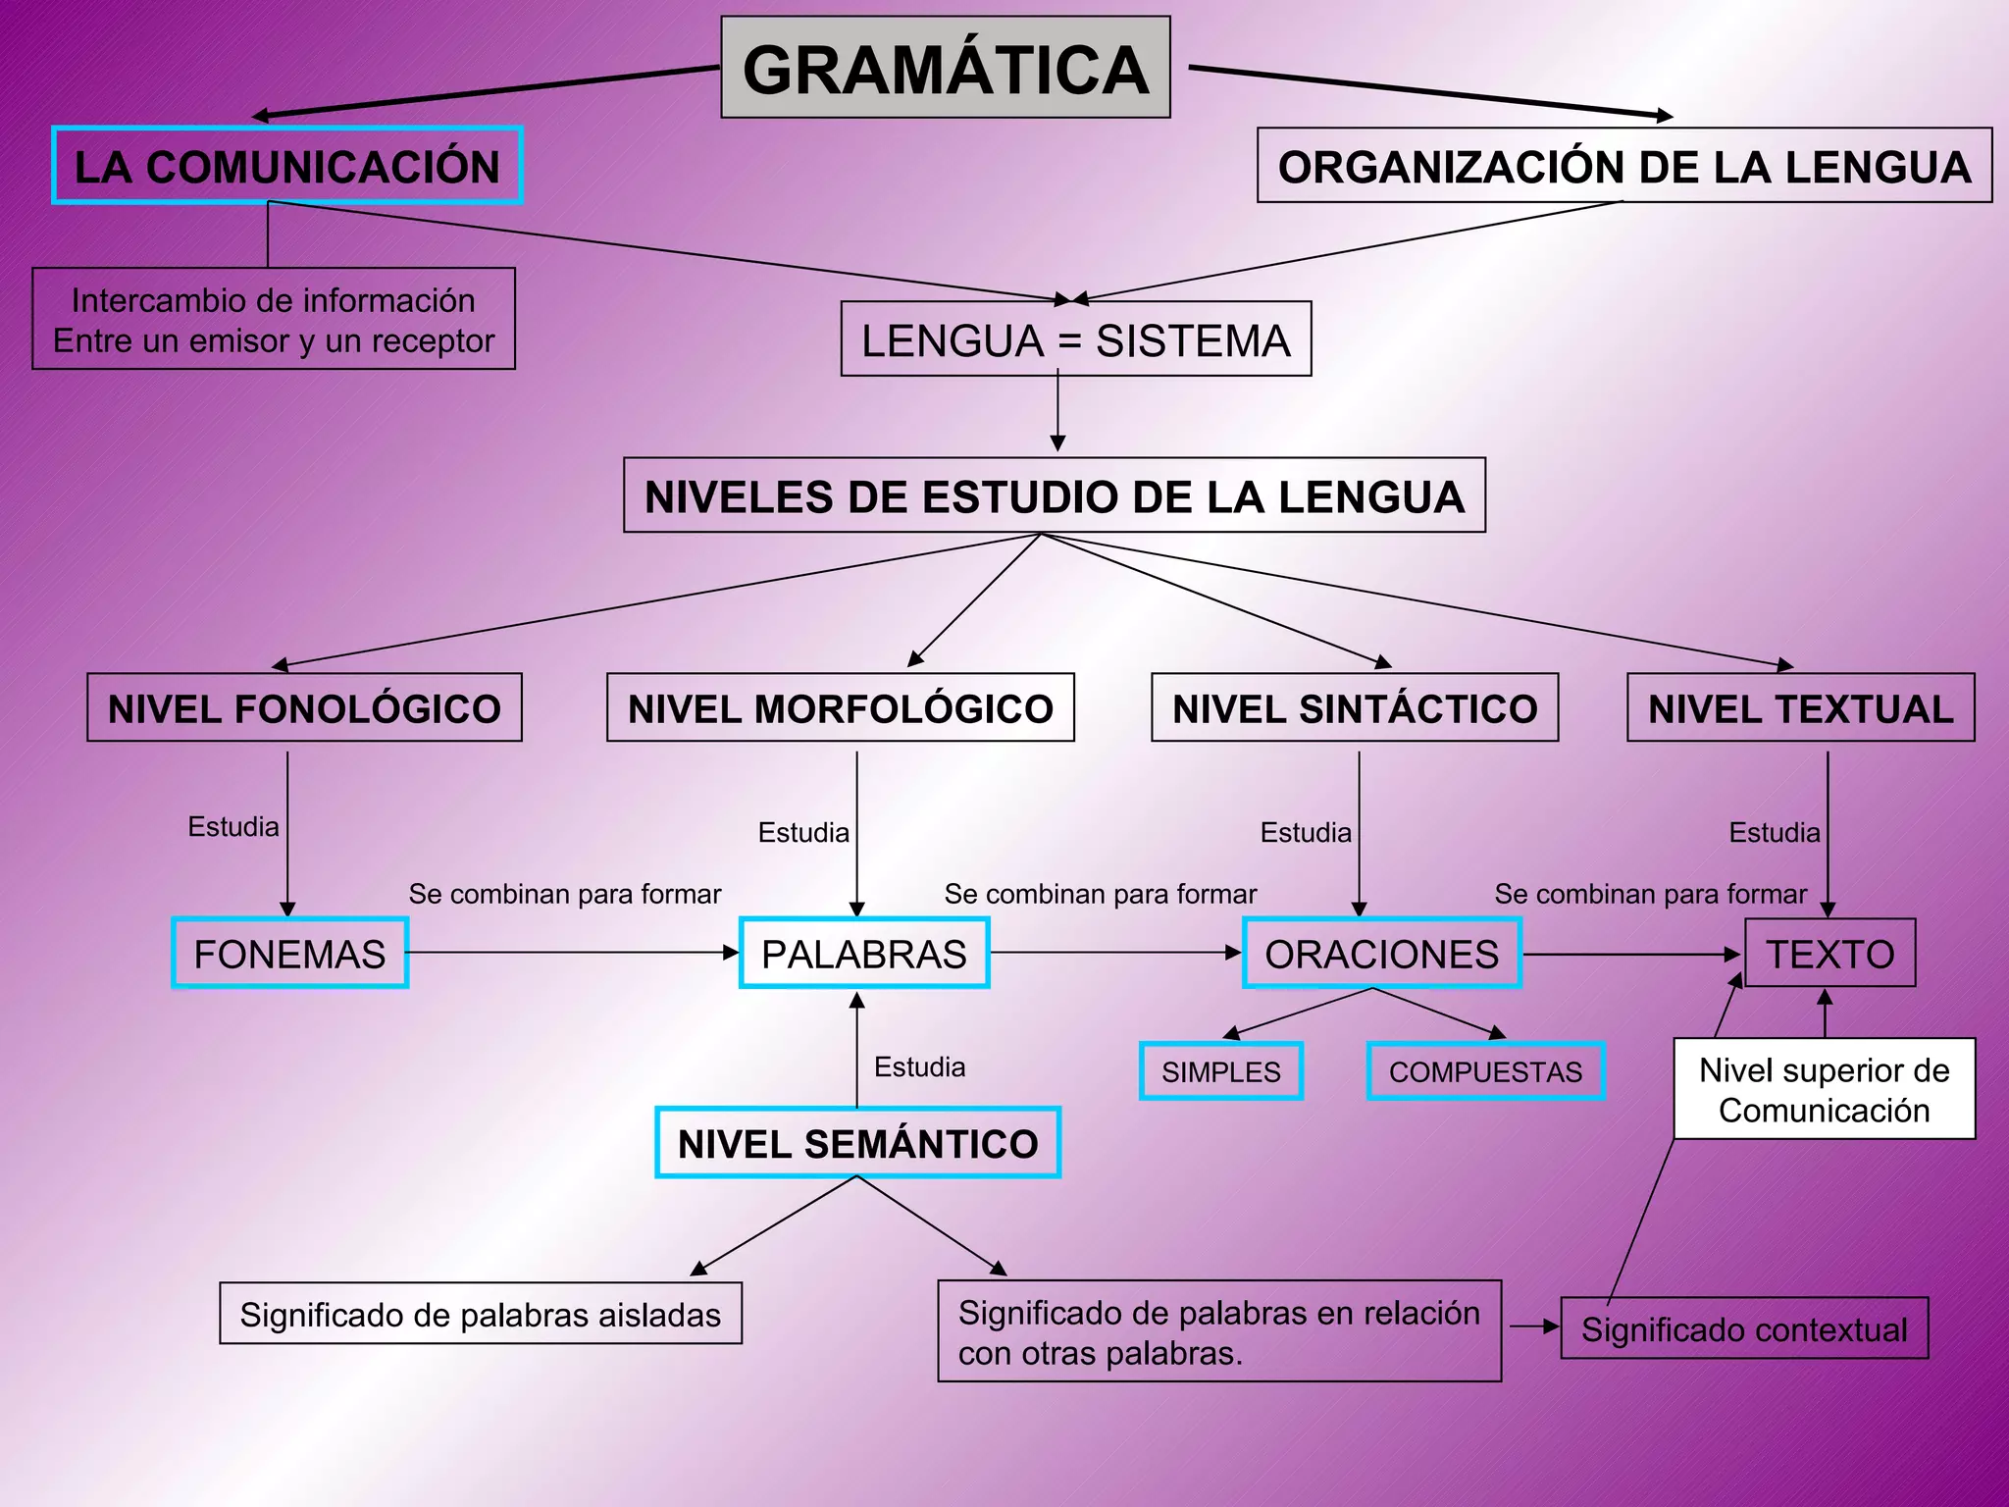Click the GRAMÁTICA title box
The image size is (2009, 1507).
(x=946, y=68)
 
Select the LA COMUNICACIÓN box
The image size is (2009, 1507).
(x=287, y=166)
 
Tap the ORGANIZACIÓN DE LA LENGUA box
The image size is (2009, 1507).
(x=1623, y=166)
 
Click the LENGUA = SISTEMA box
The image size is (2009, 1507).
(x=1076, y=339)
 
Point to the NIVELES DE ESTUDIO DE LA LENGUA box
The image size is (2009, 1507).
(x=1055, y=495)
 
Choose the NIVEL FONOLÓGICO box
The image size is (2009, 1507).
(x=304, y=707)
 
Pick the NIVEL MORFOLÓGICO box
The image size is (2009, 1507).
(x=841, y=707)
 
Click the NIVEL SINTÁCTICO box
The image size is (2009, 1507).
(x=1355, y=707)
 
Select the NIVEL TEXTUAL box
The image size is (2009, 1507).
(x=1800, y=707)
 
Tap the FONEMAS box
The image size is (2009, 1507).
(x=289, y=953)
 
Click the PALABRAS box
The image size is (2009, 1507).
(x=864, y=953)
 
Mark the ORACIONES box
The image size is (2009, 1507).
(x=1381, y=953)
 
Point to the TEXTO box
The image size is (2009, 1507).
(x=1829, y=953)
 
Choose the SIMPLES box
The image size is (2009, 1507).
(x=1221, y=1071)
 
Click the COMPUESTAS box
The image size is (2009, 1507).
(x=1485, y=1071)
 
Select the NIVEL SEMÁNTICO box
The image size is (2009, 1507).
(x=857, y=1143)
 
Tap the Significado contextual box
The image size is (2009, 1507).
(x=1744, y=1328)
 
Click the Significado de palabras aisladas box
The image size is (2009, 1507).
(x=481, y=1314)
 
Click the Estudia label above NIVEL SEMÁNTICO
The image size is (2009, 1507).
(x=919, y=1066)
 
